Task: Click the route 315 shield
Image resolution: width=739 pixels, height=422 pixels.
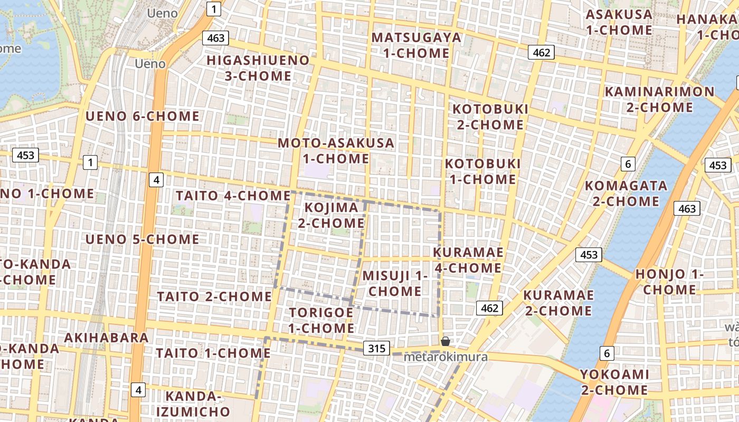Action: (x=376, y=348)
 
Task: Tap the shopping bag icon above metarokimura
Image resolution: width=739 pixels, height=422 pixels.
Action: (x=446, y=341)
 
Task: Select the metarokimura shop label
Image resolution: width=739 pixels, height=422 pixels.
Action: (x=446, y=357)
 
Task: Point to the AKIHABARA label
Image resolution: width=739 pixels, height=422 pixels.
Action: (x=106, y=338)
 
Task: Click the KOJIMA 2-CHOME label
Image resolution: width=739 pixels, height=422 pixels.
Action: (x=331, y=215)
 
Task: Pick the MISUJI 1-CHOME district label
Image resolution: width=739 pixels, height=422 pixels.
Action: (x=395, y=283)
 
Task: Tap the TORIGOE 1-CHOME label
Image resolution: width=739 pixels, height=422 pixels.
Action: (x=321, y=320)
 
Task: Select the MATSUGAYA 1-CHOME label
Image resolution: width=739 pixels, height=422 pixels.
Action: (x=416, y=45)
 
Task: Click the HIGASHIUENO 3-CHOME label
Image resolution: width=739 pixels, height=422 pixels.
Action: (x=258, y=68)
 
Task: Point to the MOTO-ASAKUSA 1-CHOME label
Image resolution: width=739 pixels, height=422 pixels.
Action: (x=336, y=150)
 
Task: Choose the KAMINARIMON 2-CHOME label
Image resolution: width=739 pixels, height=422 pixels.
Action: (x=659, y=99)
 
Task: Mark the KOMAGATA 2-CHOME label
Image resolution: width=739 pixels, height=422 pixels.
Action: (x=626, y=194)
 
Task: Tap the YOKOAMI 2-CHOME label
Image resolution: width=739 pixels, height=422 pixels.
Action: (x=614, y=382)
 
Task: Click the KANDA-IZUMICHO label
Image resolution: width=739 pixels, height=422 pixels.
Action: (x=198, y=404)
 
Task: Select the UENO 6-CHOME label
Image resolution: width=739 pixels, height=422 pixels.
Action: (x=143, y=116)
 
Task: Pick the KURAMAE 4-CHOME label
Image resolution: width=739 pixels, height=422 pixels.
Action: (x=468, y=260)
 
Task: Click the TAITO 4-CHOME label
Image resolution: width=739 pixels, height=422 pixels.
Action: (x=233, y=196)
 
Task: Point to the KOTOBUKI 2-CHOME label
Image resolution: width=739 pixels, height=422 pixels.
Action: (x=490, y=117)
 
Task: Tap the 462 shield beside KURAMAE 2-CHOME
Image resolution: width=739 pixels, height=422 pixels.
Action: (x=489, y=308)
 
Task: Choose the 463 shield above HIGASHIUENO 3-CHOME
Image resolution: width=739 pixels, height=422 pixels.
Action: (x=215, y=38)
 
